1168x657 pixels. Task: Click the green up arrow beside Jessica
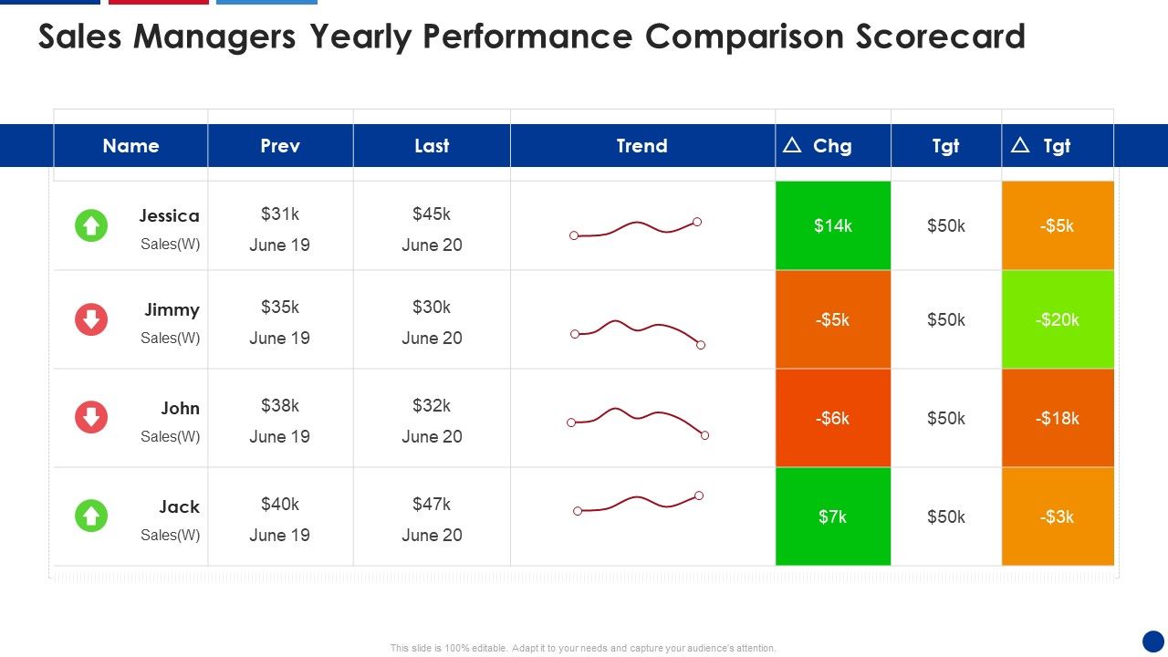91,225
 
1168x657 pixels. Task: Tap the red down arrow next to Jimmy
91,319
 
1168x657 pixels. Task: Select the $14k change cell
832,225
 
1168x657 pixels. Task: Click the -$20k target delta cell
1058,319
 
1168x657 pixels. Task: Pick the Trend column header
641,146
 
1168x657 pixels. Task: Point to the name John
180,408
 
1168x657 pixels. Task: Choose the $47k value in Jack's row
432,504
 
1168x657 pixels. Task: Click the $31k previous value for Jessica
279,214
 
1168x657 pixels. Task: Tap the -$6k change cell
832,418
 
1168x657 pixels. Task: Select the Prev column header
279,146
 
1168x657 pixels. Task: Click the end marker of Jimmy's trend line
701,345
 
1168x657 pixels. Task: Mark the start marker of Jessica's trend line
574,236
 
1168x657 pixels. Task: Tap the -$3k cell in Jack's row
1058,516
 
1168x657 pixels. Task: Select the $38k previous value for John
279,405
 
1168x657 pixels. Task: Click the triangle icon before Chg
792,145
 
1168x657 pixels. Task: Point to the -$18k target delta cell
1058,418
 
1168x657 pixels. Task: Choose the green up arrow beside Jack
91,516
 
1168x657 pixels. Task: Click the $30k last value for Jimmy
432,307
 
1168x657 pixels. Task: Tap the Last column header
432,146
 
